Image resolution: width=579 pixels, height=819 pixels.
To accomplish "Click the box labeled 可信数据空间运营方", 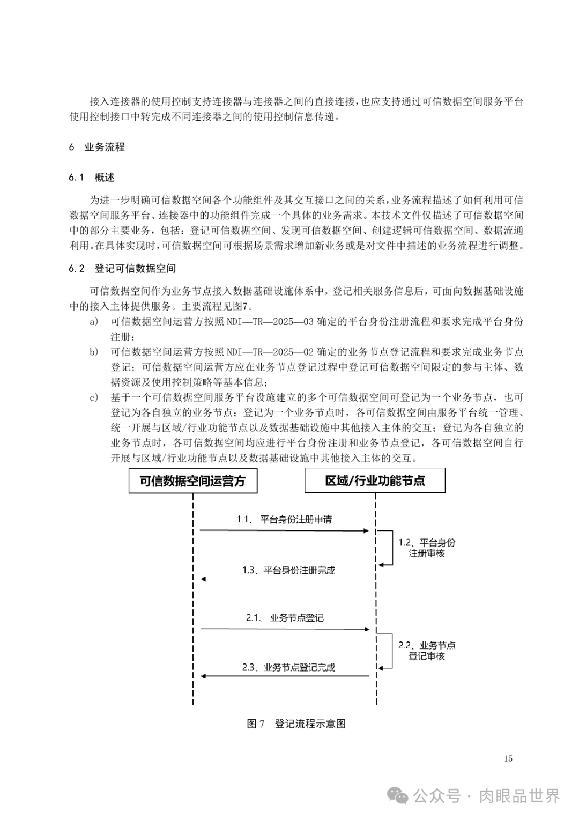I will tap(192, 481).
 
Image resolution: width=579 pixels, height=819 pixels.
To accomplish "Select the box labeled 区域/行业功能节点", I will tap(375, 481).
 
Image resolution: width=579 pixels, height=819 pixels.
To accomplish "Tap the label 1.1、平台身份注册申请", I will tap(284, 520).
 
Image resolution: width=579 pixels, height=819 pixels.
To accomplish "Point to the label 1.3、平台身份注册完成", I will tap(288, 570).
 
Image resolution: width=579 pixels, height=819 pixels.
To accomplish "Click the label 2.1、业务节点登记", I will tap(285, 618).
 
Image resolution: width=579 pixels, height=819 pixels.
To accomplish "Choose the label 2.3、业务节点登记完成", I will tap(288, 668).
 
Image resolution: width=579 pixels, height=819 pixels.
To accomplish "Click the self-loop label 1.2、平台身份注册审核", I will tap(426, 548).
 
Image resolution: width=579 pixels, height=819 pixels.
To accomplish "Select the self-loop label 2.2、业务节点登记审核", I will tap(426, 650).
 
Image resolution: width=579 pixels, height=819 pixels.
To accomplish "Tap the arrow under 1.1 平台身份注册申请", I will tap(284, 530).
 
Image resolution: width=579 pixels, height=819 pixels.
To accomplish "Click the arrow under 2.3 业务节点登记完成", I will tap(284, 676).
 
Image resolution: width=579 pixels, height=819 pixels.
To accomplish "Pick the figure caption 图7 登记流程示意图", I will tap(296, 724).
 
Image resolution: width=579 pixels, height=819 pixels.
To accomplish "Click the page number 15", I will tap(508, 758).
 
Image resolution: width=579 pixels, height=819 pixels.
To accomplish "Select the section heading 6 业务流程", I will tap(97, 147).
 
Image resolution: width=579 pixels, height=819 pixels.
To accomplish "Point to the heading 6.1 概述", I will tap(92, 178).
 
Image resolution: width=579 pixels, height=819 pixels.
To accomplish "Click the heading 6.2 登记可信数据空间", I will tap(122, 268).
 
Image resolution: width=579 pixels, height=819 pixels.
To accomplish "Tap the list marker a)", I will tap(94, 322).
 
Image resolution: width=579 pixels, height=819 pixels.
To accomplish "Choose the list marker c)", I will tap(94, 398).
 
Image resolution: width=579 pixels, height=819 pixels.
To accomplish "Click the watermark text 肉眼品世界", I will tap(519, 796).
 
